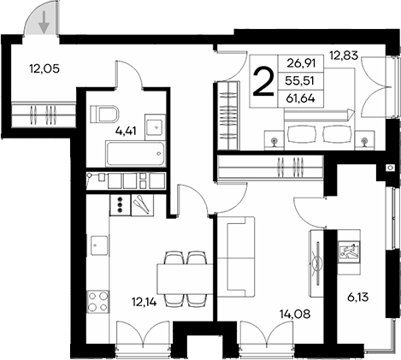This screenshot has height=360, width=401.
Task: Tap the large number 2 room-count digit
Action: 265,82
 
